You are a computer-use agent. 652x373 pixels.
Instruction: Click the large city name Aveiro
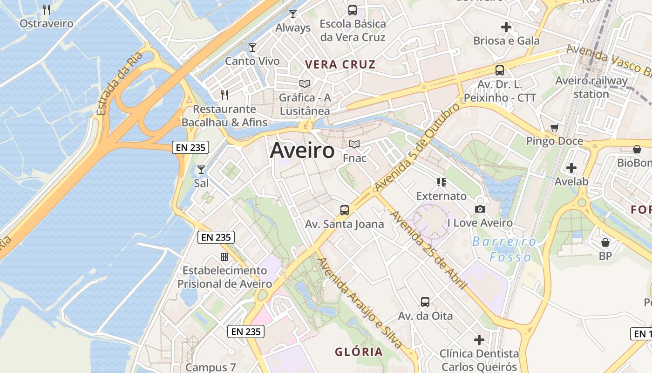coord(302,151)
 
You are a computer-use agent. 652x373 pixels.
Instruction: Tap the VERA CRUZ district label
coord(340,64)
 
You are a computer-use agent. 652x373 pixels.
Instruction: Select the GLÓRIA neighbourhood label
coord(359,352)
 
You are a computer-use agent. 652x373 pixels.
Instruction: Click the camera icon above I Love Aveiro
coord(480,209)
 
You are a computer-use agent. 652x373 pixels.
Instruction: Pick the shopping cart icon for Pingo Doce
coord(554,127)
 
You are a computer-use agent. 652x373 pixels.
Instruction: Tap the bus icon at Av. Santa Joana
coord(345,210)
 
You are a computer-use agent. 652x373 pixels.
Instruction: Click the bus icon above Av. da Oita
coord(425,302)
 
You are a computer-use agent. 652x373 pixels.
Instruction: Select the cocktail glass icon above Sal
coord(201,169)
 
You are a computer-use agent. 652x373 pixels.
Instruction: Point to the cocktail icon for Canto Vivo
coord(252,47)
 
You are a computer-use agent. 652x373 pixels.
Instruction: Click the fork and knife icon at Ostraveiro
coord(47,9)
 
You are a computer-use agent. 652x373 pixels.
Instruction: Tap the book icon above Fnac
coord(354,144)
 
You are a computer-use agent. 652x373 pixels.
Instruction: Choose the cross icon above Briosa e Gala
coord(506,27)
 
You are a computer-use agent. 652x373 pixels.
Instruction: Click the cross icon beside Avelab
coord(571,168)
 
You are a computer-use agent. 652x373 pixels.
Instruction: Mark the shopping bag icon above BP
coord(605,242)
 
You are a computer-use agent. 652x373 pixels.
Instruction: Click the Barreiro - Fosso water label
coord(504,249)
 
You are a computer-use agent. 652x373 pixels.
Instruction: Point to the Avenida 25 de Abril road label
coord(428,249)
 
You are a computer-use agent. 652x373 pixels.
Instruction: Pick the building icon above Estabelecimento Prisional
coord(224,257)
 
